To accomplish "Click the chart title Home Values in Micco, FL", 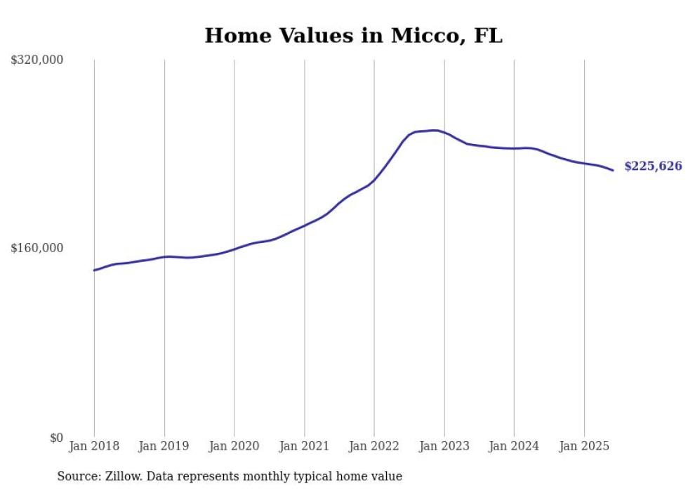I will click(x=353, y=35).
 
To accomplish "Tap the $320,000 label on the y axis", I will click(x=37, y=60).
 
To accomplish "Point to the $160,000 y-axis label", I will click(x=37, y=248).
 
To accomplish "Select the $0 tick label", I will click(x=56, y=438).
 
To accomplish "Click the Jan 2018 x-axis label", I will click(x=94, y=445).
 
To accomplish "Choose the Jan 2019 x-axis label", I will click(x=164, y=445).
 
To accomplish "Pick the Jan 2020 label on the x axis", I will click(x=234, y=445).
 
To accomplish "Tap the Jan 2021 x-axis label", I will click(x=304, y=445).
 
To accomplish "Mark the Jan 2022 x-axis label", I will click(x=374, y=445).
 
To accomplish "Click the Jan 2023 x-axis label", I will click(x=444, y=445).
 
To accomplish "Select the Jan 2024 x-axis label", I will click(x=514, y=445).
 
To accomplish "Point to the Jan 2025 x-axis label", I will click(x=584, y=445).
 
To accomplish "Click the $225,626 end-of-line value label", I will click(x=652, y=166).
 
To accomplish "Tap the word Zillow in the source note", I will click(x=124, y=476).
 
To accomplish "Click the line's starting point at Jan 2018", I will click(x=95, y=270).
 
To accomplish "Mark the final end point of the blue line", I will click(x=613, y=170).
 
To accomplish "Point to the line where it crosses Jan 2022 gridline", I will click(x=374, y=180).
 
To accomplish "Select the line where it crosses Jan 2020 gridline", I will click(x=234, y=249).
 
